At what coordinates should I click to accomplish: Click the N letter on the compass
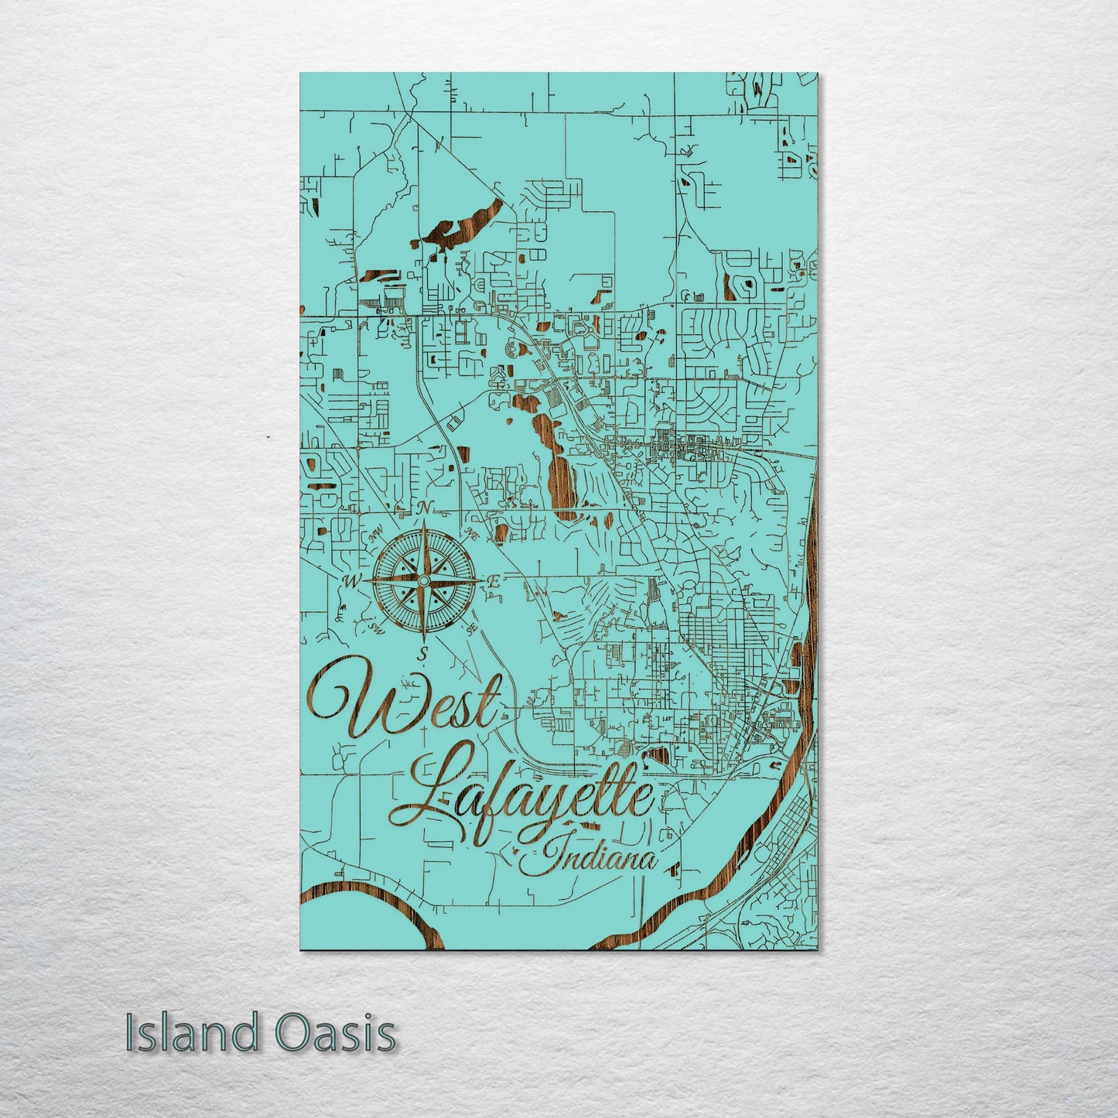(x=423, y=508)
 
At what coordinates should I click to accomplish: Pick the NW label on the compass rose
(x=377, y=532)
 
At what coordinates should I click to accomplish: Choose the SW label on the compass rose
(x=376, y=627)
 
